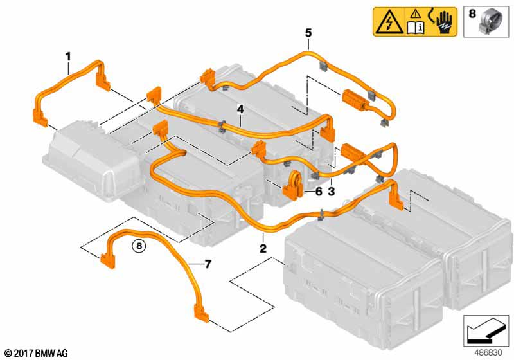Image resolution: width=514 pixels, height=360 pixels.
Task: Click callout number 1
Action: (x=68, y=57)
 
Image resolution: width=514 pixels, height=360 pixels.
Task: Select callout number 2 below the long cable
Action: (x=263, y=248)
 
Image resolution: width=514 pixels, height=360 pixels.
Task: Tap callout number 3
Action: (x=331, y=191)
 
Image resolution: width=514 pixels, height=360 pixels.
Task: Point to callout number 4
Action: (x=240, y=109)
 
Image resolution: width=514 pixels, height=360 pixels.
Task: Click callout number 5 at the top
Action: (x=308, y=33)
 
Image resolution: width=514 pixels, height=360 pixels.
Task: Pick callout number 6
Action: (x=319, y=191)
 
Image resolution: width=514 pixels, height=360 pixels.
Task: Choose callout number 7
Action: (x=208, y=264)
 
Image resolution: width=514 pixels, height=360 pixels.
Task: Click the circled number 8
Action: (x=139, y=245)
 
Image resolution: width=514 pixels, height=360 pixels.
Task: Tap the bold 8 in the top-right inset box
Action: (x=472, y=14)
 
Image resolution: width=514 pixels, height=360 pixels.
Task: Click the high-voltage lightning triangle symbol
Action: (x=390, y=23)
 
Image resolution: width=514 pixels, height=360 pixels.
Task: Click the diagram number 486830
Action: (x=488, y=353)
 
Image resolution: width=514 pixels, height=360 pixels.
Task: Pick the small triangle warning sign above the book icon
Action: (x=416, y=14)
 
